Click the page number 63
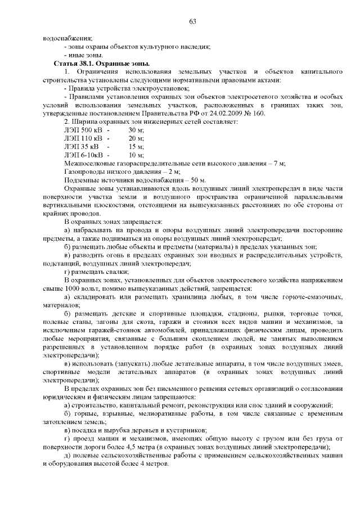tap(192, 21)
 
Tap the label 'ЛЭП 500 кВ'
tap(83, 130)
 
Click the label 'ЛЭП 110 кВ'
tap(83, 138)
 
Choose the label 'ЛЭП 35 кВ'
tap(82, 146)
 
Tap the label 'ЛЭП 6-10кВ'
tap(84, 155)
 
